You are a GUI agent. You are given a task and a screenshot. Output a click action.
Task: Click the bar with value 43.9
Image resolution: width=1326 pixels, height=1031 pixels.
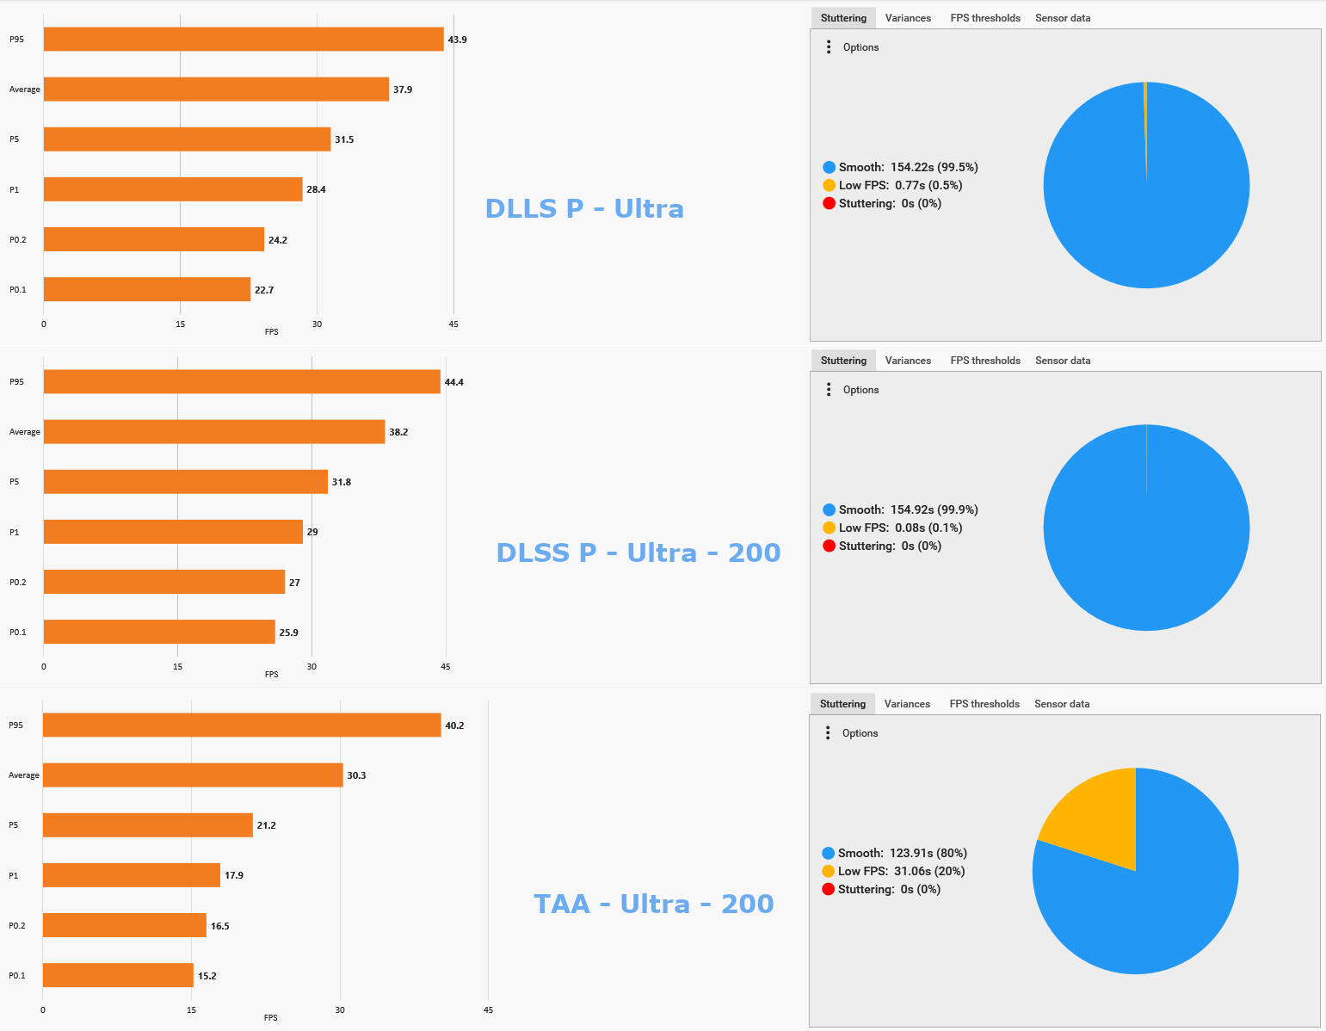pos(244,40)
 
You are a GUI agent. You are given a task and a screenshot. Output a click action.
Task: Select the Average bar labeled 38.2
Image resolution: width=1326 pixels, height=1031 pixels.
pos(214,432)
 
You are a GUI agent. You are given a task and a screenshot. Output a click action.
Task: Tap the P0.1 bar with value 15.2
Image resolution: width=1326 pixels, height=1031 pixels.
pos(118,976)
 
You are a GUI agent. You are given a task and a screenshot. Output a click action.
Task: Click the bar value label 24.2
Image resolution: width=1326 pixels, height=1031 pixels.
pos(278,240)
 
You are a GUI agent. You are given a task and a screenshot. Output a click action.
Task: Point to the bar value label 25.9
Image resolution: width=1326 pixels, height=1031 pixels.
pos(289,633)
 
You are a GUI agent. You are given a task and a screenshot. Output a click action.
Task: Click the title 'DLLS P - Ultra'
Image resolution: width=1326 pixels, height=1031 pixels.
pos(584,208)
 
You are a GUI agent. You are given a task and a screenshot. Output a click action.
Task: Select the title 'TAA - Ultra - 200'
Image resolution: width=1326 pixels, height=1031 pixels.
pos(653,904)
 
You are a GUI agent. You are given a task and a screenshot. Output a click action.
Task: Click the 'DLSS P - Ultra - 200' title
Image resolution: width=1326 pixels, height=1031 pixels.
pos(638,553)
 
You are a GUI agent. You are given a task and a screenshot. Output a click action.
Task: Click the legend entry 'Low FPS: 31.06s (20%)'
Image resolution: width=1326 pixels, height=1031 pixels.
pos(901,871)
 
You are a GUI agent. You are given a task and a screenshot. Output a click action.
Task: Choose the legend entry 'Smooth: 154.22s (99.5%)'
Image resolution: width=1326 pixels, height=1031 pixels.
pos(908,167)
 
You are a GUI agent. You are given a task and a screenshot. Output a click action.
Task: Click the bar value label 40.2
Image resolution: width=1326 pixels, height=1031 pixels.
pos(454,725)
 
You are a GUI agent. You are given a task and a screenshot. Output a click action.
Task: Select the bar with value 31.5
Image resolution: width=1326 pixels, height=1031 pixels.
pos(187,139)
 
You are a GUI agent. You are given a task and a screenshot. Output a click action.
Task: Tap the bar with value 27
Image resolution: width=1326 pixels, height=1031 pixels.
pos(164,583)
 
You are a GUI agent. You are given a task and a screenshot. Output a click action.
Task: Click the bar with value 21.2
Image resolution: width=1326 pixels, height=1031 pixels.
pos(148,825)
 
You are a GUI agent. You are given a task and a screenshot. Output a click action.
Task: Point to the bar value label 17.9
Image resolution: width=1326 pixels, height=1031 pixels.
pos(234,875)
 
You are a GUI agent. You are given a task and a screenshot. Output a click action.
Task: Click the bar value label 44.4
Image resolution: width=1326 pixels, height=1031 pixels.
pos(453,382)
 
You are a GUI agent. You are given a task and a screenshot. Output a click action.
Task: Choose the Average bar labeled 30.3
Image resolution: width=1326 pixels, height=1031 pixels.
pos(193,775)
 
